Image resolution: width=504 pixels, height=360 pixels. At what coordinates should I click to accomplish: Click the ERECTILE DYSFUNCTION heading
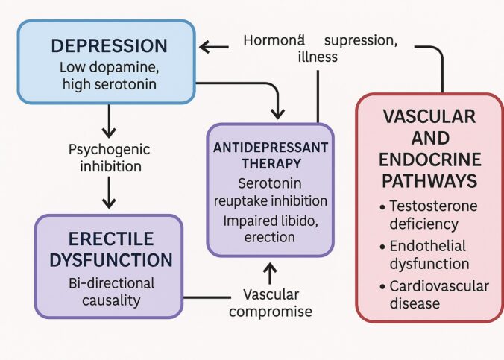pos(108,250)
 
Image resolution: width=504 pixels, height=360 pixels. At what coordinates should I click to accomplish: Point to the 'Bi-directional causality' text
pos(108,292)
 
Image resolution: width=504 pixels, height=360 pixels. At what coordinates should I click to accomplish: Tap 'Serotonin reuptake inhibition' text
pos(271,193)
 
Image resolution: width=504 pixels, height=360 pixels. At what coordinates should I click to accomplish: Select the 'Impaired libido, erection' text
pos(271,229)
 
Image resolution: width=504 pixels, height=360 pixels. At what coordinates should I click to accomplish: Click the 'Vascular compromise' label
pos(271,302)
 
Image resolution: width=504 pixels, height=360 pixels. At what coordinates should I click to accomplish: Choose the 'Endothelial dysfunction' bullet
pos(432,254)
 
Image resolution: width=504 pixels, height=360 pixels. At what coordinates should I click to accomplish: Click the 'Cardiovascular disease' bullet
pos(432,295)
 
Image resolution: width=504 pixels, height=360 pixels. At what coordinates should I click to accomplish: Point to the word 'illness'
pos(318,57)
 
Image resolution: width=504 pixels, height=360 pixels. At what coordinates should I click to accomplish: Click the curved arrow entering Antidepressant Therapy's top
pos(277,104)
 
